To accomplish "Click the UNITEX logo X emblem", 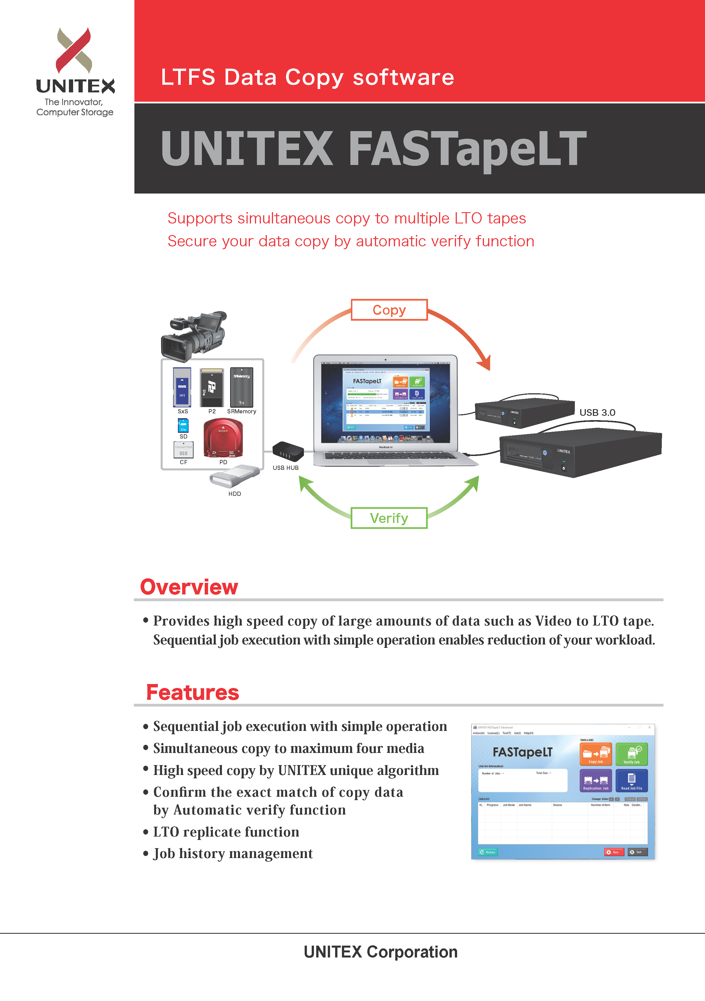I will (x=74, y=50).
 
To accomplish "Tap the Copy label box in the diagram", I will (x=389, y=310).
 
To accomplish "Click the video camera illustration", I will (x=194, y=335).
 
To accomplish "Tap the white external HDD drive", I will (x=234, y=476).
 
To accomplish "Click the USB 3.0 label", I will (x=597, y=412).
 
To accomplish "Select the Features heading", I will (x=193, y=692).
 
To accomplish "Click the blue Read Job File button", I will (x=631, y=780).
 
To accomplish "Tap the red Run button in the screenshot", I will (x=614, y=852).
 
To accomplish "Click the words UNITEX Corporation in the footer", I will (x=380, y=952).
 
